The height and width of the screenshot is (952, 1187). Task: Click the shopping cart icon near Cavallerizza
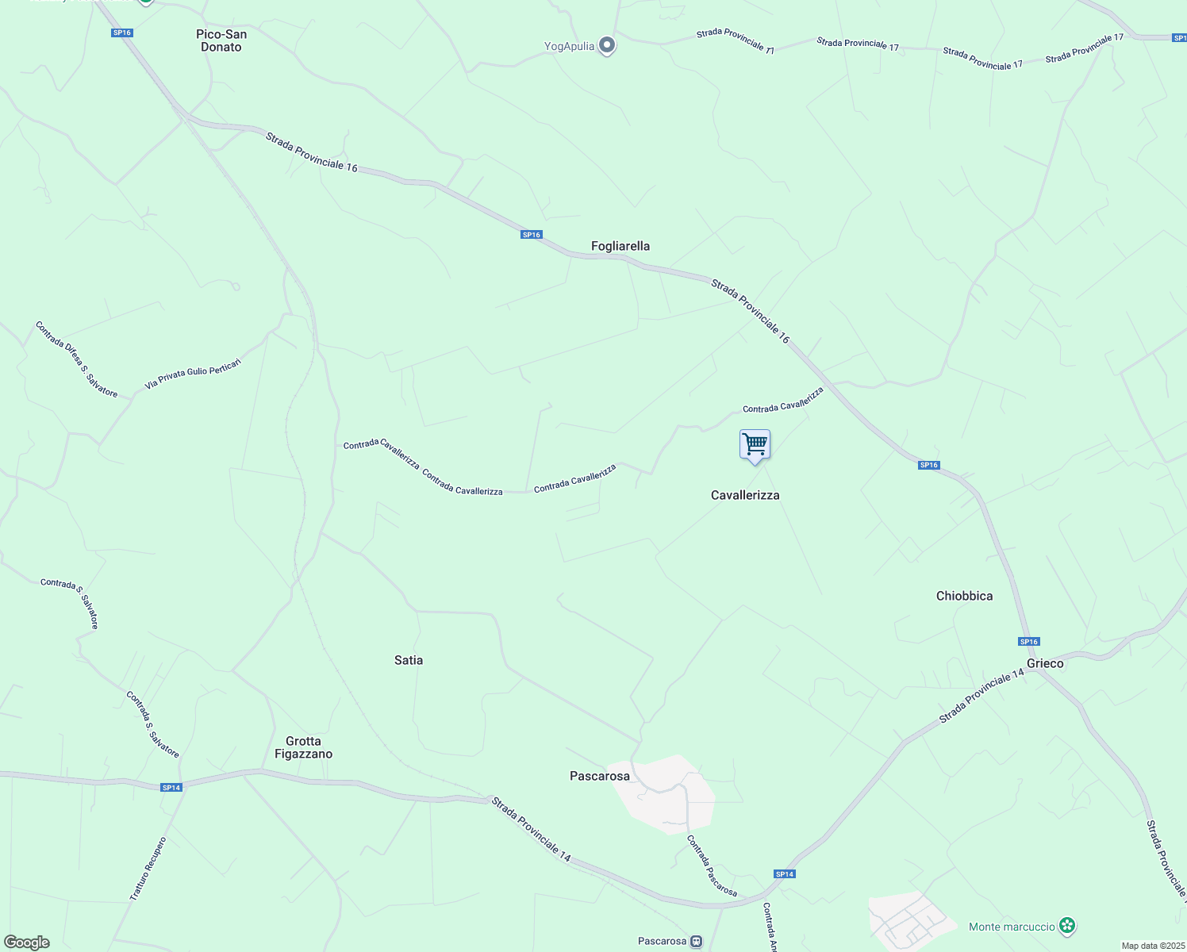pos(755,444)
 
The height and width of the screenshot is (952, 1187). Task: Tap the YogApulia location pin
pos(607,45)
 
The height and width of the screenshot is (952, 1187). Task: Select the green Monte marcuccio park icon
pos(1067,926)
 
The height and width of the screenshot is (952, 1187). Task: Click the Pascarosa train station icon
pos(696,942)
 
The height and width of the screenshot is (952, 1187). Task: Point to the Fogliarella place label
pos(620,246)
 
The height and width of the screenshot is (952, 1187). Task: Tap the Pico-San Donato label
pos(221,40)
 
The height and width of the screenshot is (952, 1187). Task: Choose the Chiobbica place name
pos(964,596)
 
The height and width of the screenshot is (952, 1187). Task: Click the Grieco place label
pos(1045,663)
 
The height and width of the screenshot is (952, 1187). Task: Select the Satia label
pos(409,660)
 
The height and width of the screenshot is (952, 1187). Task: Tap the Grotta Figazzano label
pos(303,747)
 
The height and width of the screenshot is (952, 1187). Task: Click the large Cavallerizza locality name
pos(745,495)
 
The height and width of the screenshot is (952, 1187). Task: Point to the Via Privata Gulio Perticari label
pos(193,374)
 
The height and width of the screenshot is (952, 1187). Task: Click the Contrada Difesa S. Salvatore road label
pos(76,359)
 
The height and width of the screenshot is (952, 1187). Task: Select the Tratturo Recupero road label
pos(148,869)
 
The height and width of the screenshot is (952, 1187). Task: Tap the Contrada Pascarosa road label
pos(712,866)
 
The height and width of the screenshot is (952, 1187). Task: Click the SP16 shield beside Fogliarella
pos(531,235)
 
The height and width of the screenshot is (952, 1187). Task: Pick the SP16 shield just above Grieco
pos(1028,642)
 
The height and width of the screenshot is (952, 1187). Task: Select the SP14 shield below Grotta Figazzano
pos(171,788)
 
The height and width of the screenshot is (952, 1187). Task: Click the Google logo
pos(26,942)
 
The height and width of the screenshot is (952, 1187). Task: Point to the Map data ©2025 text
pos(1152,946)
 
